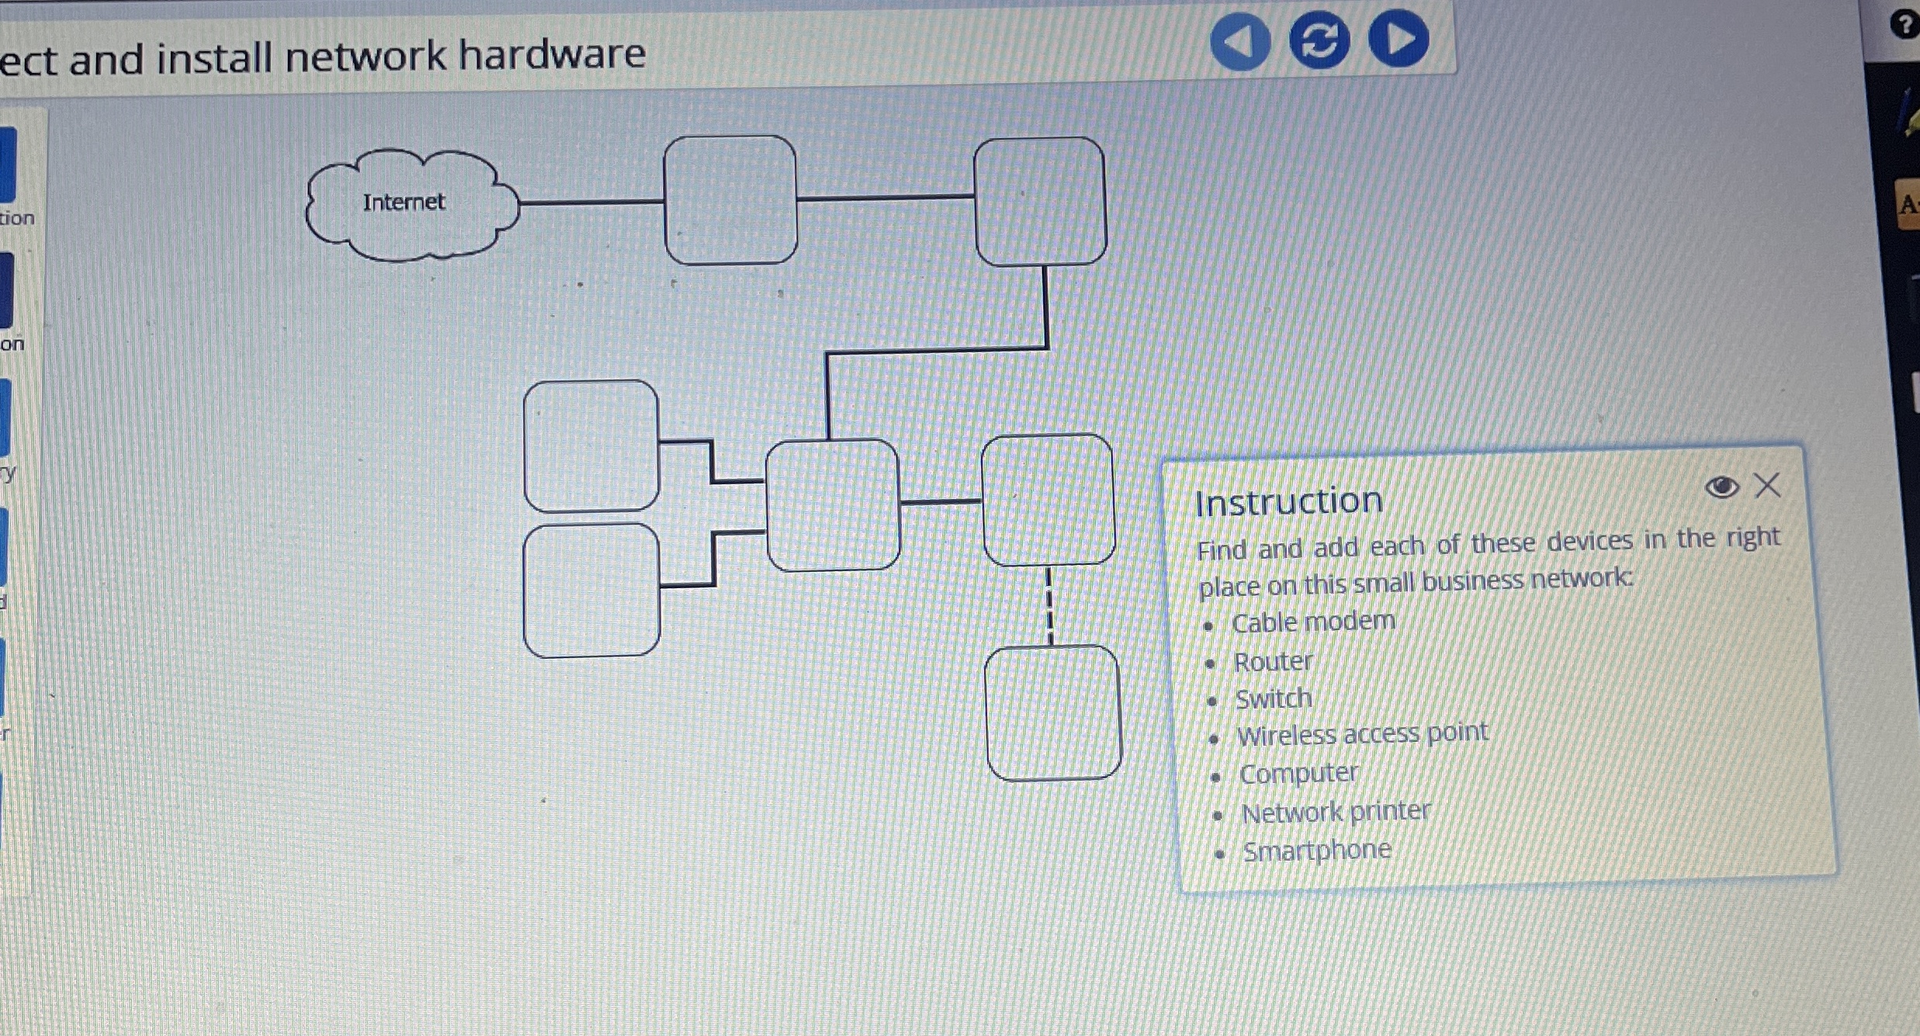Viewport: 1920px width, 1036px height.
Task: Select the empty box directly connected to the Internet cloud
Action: pos(730,200)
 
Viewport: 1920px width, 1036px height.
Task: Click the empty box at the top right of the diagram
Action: pos(1040,202)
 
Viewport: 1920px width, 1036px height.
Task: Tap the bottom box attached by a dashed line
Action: pos(1052,712)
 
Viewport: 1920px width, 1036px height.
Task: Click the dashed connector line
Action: pos(1049,605)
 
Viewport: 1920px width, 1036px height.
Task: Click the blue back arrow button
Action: pos(1240,40)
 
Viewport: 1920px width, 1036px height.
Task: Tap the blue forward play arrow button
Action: pos(1398,39)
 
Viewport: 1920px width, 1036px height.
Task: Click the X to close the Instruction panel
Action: pos(1768,486)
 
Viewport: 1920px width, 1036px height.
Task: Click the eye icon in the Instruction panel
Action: pos(1721,487)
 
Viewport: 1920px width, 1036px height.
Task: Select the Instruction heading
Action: pos(1288,502)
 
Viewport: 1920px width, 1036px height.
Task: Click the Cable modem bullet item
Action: pos(1313,622)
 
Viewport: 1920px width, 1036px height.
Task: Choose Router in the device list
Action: pos(1273,662)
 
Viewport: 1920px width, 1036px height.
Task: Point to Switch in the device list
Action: pos(1274,699)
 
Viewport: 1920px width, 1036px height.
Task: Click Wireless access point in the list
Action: pos(1363,734)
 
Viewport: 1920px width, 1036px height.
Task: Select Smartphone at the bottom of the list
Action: pos(1317,851)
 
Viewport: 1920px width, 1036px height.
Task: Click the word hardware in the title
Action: pos(552,54)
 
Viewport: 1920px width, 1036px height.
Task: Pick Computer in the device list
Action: pos(1298,774)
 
